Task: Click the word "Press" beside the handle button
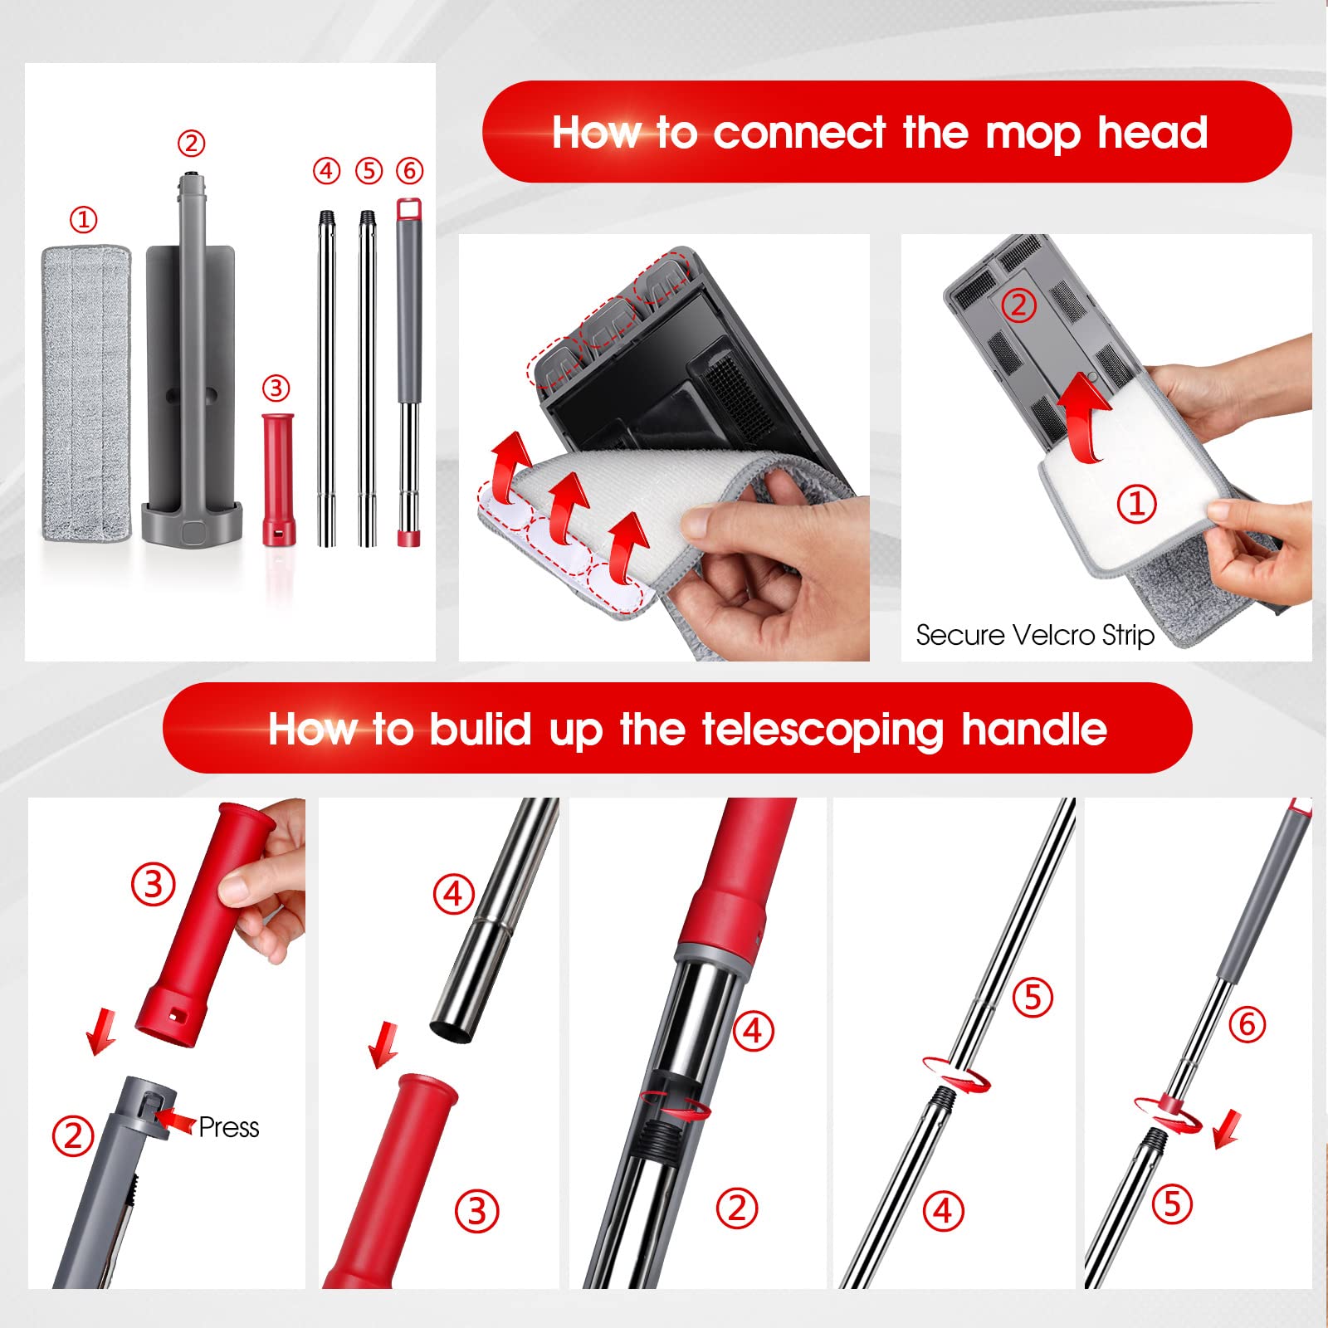[229, 1127]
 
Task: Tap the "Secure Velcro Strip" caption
[1035, 635]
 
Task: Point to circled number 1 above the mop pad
[83, 220]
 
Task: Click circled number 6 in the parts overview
[409, 170]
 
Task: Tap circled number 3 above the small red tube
[276, 388]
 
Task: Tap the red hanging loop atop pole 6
[406, 207]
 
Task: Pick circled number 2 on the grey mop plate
[1019, 305]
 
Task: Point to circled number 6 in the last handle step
[1247, 1024]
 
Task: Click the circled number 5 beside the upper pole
[1033, 997]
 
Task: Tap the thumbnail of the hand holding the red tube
[167, 1043]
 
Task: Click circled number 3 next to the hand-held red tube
[154, 884]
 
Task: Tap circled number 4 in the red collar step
[753, 1031]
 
